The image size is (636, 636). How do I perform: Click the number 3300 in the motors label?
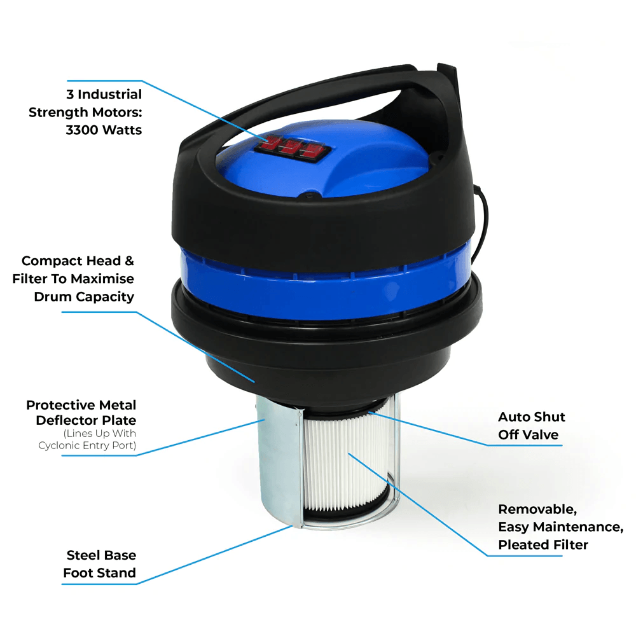point(82,130)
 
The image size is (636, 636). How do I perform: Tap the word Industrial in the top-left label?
point(109,95)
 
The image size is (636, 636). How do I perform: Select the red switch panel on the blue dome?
point(293,148)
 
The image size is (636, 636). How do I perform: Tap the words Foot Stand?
point(99,573)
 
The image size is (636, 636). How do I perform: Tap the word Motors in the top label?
point(117,113)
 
